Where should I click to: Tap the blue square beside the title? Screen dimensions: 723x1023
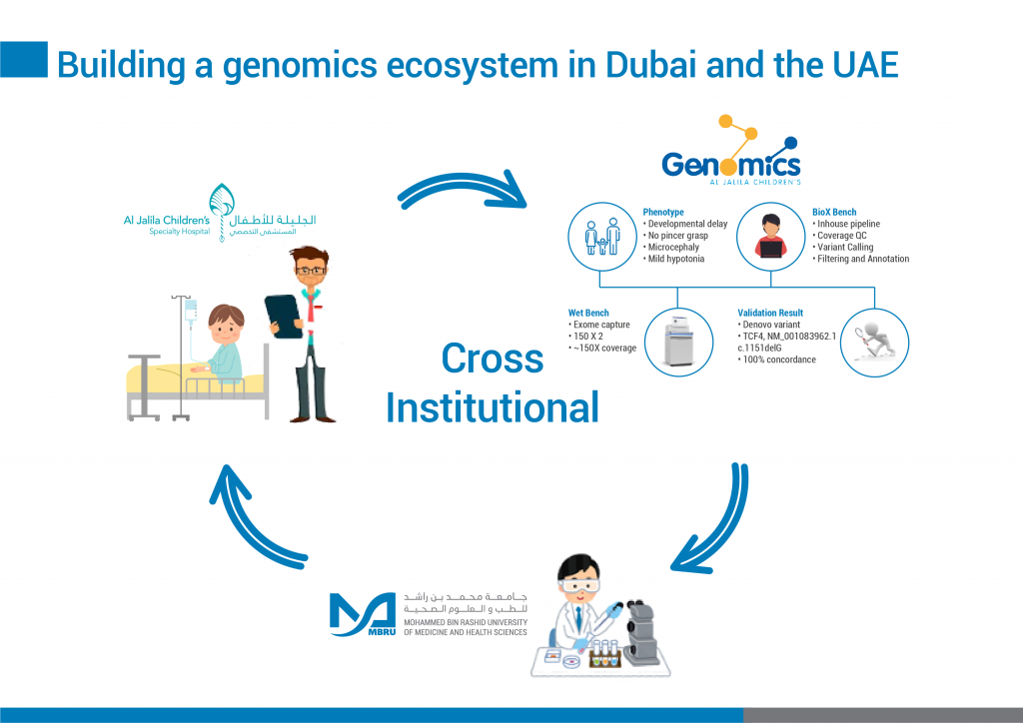(x=24, y=59)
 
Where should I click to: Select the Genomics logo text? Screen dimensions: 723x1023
(x=730, y=164)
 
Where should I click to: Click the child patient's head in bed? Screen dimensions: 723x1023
(x=225, y=324)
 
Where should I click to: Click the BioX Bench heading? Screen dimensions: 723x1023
(x=836, y=212)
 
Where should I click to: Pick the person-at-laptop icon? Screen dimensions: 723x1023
(x=770, y=236)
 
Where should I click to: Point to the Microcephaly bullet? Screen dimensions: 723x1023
(x=670, y=247)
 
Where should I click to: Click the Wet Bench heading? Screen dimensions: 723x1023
(x=588, y=313)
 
